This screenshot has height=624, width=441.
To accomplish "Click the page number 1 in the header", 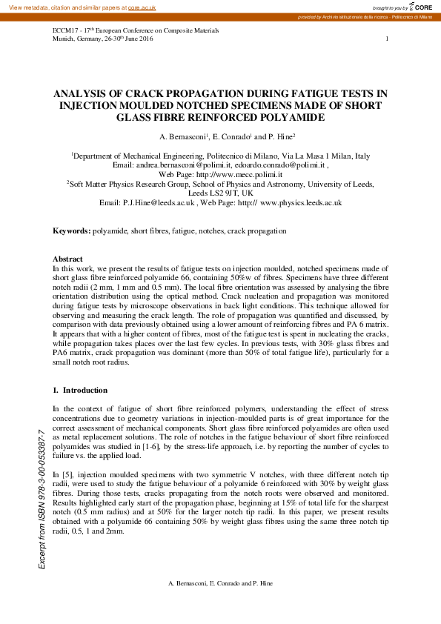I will pos(387,38).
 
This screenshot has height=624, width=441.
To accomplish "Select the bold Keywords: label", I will pos(71,231).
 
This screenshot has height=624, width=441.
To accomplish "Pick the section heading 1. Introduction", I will pos(80,390).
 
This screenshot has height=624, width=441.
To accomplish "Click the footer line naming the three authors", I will pos(220,584).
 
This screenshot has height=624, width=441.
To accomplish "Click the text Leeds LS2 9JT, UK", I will pos(221,193).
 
